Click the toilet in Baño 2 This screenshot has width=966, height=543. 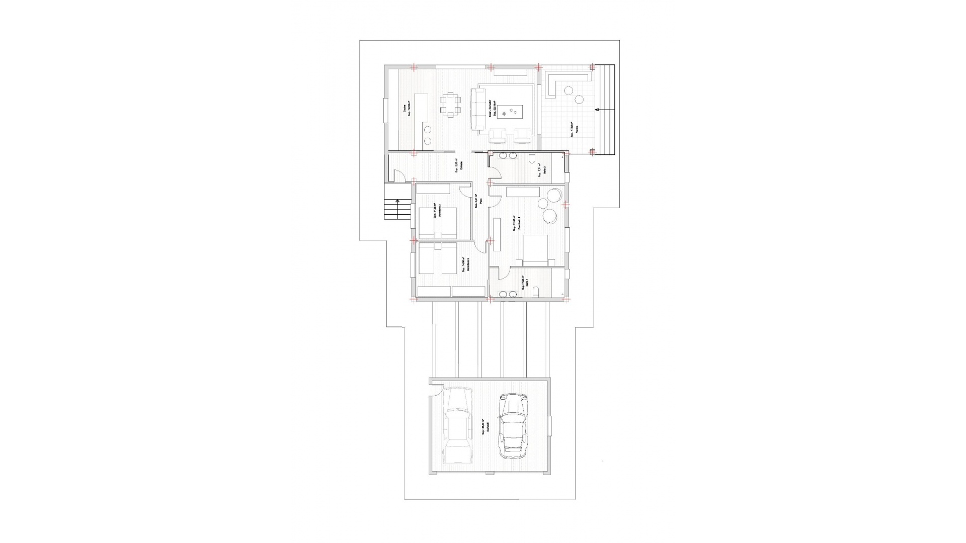pyautogui.click(x=531, y=159)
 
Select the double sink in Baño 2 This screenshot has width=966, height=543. pyautogui.click(x=507, y=156)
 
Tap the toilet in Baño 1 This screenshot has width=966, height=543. pyautogui.click(x=536, y=293)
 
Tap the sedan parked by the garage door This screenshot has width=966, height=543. pyautogui.click(x=106, y=425)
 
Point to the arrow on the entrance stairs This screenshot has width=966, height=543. pyautogui.click(x=397, y=201)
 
